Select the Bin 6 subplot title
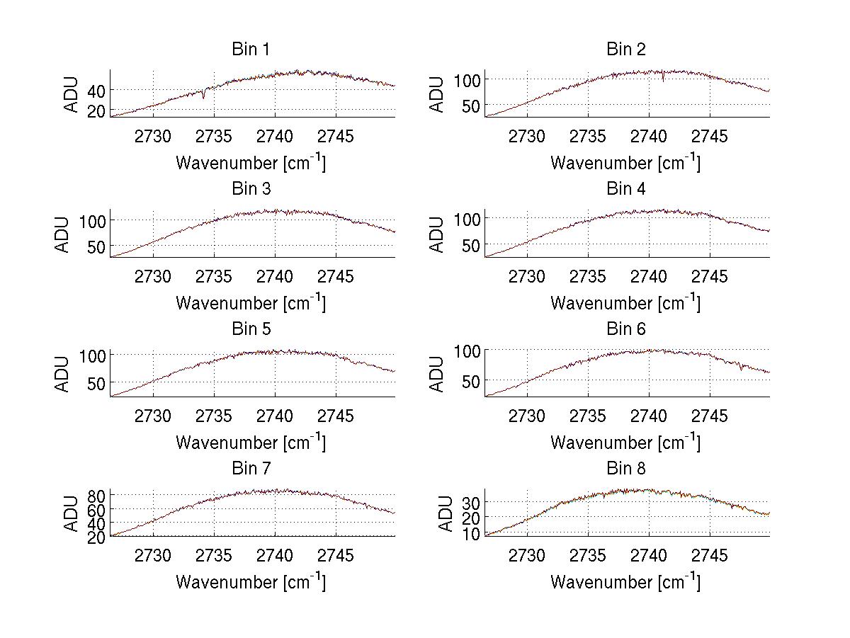tap(625, 329)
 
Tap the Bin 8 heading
tap(625, 469)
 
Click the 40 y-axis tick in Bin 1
tap(96, 90)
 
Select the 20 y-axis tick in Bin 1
tap(96, 111)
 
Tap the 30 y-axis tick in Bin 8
tap(471, 502)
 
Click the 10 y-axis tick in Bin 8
tap(471, 533)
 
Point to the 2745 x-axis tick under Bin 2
tap(709, 137)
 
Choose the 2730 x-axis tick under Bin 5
tap(153, 416)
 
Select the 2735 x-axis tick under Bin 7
tap(214, 556)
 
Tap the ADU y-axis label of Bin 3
tap(64, 234)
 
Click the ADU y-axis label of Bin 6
tap(438, 373)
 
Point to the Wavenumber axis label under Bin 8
tap(625, 582)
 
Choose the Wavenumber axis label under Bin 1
tap(250, 163)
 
